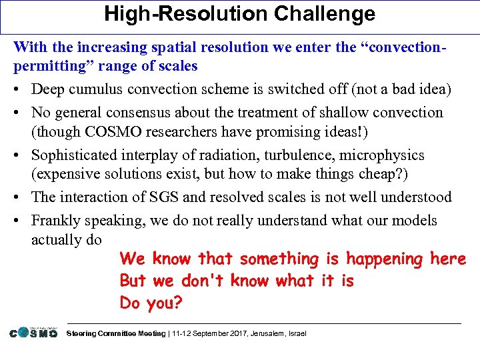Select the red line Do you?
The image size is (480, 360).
[151, 303]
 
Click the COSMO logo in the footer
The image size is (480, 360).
[33, 332]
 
